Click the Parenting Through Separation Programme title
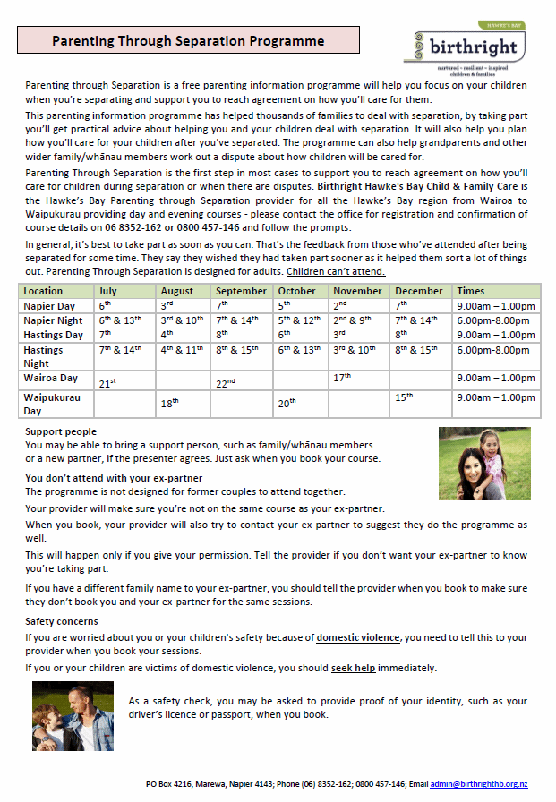pyautogui.click(x=188, y=40)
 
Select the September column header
pyautogui.click(x=241, y=291)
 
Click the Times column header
pyautogui.click(x=471, y=291)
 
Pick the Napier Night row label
pyautogui.click(x=54, y=320)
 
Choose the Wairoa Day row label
pyautogui.click(x=51, y=378)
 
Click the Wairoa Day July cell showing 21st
pyautogui.click(x=108, y=383)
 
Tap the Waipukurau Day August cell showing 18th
pyautogui.click(x=169, y=404)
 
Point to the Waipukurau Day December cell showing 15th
pyautogui.click(x=404, y=397)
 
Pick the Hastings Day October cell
pyautogui.click(x=285, y=334)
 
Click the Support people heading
pyautogui.click(x=61, y=431)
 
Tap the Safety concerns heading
pyautogui.click(x=62, y=620)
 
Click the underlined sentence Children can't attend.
pyautogui.click(x=336, y=271)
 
